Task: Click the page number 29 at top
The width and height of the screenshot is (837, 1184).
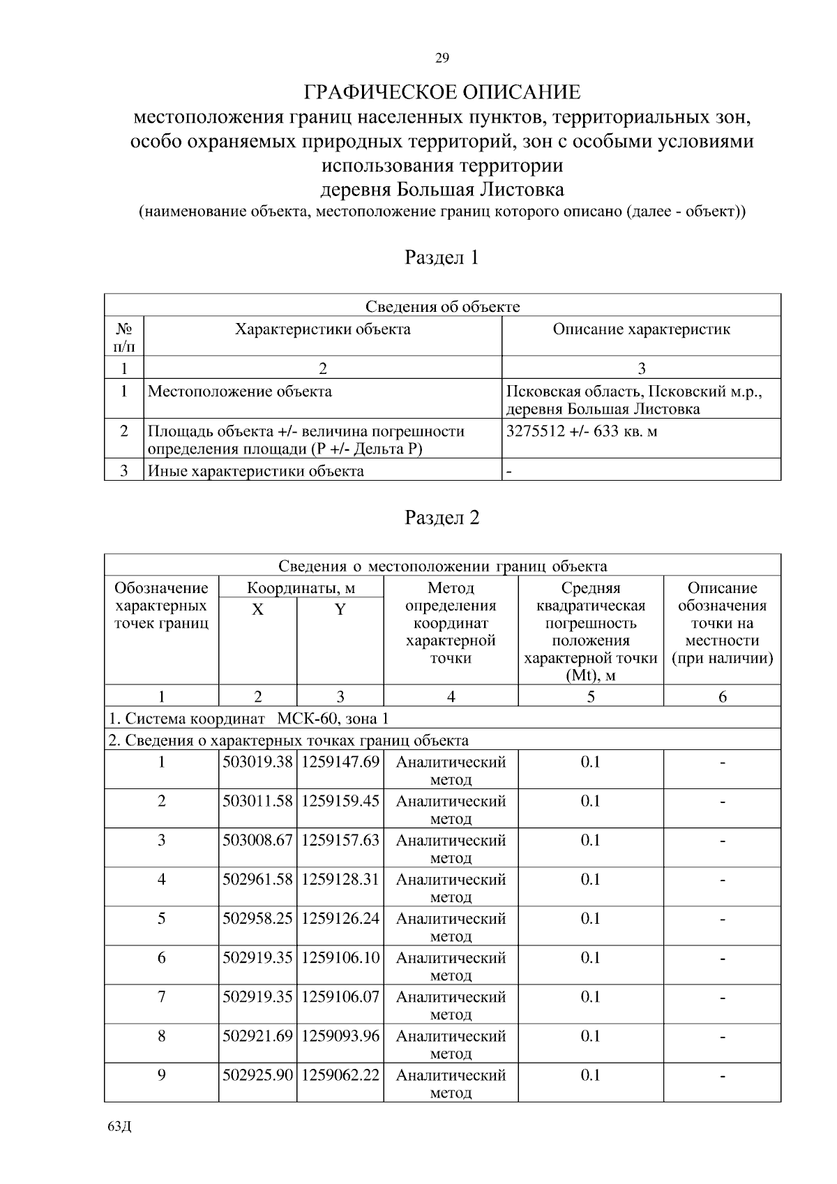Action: point(442,58)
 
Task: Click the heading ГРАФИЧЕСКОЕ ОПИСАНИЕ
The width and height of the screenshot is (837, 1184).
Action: point(442,92)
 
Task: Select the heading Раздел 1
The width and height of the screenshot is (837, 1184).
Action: point(442,257)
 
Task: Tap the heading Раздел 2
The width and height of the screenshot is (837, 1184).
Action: point(442,518)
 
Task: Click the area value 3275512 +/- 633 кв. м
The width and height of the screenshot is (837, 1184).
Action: point(582,431)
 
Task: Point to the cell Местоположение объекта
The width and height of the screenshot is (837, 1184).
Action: point(240,391)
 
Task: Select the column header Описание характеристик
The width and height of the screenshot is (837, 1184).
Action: point(641,329)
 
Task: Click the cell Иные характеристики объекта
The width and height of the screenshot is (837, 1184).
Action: point(256,471)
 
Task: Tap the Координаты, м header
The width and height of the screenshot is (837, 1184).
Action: point(301,587)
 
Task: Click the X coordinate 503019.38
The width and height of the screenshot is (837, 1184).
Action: point(257,762)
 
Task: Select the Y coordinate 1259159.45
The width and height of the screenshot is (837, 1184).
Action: point(340,801)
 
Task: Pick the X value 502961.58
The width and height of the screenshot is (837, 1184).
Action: point(257,879)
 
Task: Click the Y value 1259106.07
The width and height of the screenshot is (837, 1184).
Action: point(340,996)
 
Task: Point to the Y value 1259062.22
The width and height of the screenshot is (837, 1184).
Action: point(340,1074)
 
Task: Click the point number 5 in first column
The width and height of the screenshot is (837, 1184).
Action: point(161,918)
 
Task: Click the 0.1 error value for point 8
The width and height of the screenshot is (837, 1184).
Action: point(590,1035)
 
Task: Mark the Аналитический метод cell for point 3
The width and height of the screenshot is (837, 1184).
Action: point(451,848)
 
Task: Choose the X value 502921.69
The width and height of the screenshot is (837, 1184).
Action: point(257,1035)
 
